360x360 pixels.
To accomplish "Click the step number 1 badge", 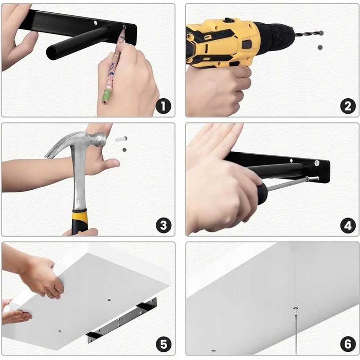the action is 163,106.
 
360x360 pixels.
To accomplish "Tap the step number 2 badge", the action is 348,106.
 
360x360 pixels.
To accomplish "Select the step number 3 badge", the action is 164,225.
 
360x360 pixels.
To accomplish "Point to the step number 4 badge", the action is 348,225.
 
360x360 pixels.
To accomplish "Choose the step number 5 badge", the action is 164,345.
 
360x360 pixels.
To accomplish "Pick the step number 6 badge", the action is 348,345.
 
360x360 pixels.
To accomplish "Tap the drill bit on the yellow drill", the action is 309,33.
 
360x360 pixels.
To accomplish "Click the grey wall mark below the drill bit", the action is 320,47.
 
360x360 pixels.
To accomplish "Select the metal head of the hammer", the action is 76,142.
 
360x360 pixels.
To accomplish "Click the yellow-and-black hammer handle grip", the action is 80,222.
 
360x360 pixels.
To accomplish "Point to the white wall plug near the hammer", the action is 121,139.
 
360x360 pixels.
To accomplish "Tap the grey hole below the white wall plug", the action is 124,150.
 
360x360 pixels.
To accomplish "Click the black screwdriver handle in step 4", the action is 262,193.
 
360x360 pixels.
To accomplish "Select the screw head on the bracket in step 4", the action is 317,163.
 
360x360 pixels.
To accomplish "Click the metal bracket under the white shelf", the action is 122,320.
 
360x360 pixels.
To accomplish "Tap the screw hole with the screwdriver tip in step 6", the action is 296,308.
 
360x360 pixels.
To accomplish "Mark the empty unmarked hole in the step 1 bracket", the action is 96,23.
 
